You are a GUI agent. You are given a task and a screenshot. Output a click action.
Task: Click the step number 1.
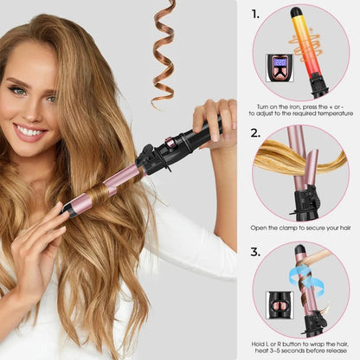pos(255,14)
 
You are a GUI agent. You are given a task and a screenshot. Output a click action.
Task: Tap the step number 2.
pos(255,133)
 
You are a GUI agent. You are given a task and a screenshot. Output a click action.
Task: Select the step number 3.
pos(255,253)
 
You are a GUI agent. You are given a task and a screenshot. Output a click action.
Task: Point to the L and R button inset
pos(278,303)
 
